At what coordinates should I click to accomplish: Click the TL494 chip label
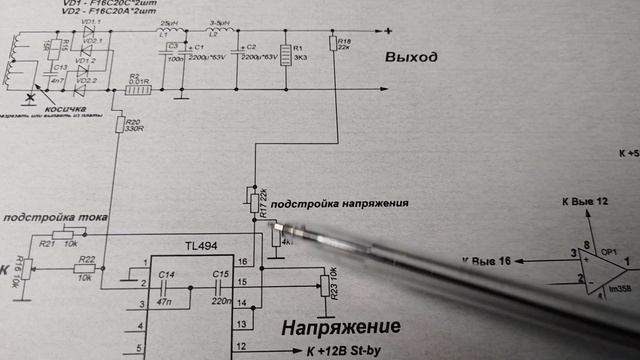click(x=197, y=244)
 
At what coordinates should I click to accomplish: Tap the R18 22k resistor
click(x=333, y=42)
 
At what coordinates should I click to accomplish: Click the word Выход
click(x=411, y=58)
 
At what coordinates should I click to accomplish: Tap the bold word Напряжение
click(x=340, y=327)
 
